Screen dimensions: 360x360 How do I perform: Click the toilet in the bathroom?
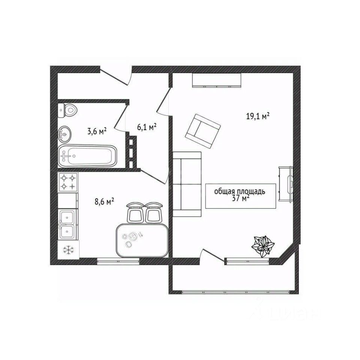point(68,110)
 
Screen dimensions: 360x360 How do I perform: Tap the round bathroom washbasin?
point(65,133)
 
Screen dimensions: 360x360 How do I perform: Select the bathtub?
point(88,156)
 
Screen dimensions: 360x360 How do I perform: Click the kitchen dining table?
point(141,240)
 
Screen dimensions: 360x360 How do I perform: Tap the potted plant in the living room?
point(264,246)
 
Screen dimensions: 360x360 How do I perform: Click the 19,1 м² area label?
point(258,116)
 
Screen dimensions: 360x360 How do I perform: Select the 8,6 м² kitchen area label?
point(104,202)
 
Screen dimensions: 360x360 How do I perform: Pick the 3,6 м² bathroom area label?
point(97,131)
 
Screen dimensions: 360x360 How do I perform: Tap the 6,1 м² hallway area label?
point(147,127)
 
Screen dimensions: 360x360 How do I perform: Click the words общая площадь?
point(240,192)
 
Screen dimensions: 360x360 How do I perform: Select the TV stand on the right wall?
point(286,184)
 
